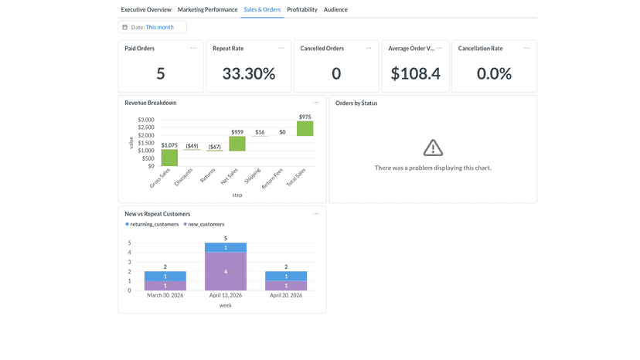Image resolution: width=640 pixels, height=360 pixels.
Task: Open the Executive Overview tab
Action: click(146, 9)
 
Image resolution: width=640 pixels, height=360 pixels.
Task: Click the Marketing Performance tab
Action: click(207, 9)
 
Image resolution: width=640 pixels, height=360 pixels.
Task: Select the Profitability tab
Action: click(302, 9)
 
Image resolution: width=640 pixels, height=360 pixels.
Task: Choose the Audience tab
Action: click(335, 9)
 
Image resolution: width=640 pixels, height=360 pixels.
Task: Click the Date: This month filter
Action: click(152, 27)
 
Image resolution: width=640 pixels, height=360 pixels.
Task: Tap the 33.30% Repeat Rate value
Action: click(249, 74)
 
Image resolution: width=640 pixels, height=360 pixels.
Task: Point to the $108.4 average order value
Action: click(416, 74)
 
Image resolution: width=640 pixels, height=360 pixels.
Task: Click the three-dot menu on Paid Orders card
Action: click(193, 48)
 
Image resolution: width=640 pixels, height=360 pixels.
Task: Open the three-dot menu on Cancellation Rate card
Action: click(527, 48)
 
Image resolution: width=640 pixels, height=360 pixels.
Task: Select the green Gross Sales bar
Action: click(169, 158)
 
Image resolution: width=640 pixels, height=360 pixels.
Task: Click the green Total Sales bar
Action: click(305, 128)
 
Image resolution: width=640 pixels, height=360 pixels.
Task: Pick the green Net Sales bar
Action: click(237, 144)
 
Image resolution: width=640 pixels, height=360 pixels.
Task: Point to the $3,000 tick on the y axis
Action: click(146, 120)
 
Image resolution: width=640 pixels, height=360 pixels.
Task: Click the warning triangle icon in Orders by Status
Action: click(433, 148)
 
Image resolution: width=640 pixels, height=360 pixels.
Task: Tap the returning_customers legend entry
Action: click(151, 224)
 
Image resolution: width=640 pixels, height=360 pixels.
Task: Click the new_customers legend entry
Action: click(204, 224)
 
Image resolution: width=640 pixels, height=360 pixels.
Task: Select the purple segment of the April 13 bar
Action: click(226, 271)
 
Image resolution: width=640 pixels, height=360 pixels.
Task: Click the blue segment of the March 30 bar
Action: click(165, 277)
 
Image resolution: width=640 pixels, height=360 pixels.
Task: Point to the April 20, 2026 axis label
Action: click(286, 295)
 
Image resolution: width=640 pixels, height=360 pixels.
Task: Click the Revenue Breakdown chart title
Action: click(151, 103)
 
